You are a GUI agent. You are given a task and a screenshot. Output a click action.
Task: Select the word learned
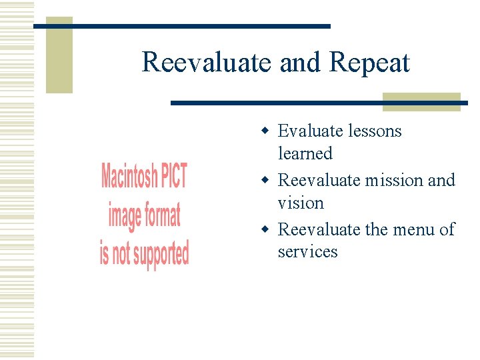[305, 153]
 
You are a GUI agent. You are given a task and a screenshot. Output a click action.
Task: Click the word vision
[301, 203]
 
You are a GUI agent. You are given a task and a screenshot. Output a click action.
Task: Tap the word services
[307, 252]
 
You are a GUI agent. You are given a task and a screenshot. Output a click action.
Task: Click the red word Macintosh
[129, 177]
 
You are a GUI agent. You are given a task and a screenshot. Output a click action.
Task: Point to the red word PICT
[174, 176]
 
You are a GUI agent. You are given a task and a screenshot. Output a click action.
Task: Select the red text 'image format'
[144, 215]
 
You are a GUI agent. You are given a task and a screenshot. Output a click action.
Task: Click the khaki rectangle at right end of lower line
[421, 102]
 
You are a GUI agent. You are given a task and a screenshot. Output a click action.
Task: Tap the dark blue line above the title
[200, 26]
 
